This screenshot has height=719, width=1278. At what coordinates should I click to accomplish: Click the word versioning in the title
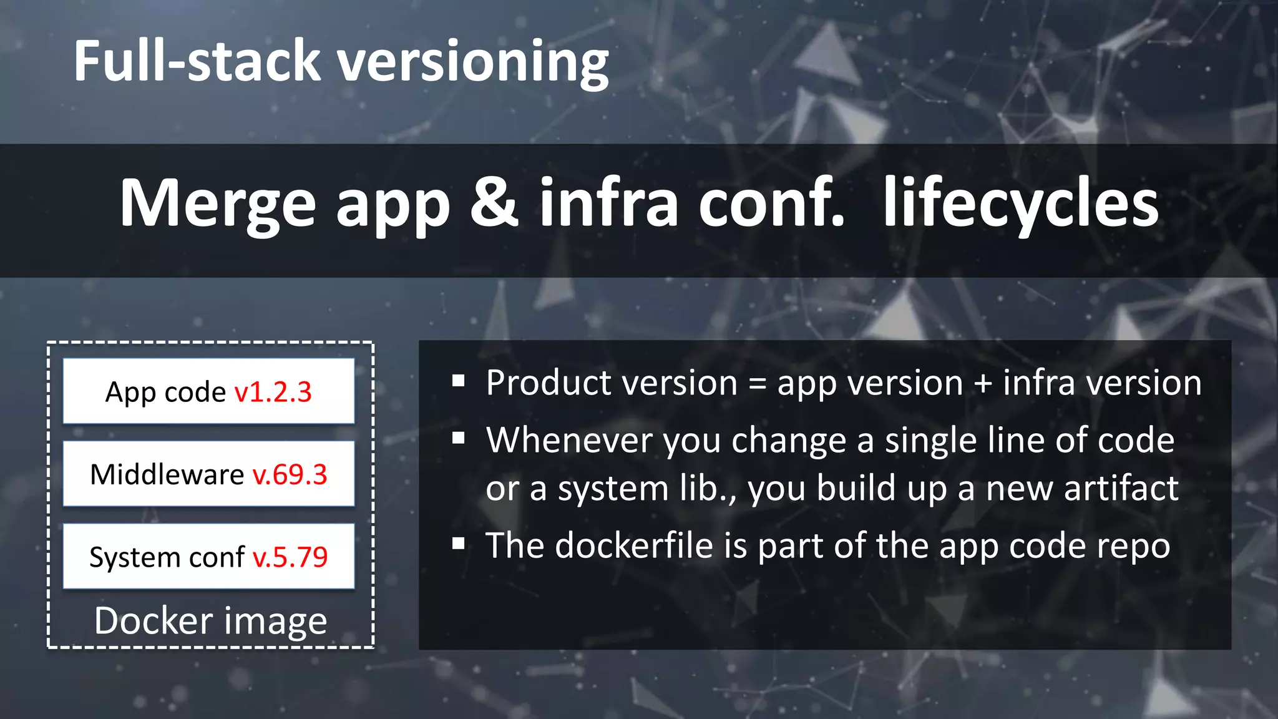point(473,62)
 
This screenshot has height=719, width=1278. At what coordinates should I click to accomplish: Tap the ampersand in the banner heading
point(494,202)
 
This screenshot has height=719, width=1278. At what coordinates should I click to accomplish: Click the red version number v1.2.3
point(273,392)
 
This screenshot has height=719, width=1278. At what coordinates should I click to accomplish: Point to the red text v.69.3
point(290,474)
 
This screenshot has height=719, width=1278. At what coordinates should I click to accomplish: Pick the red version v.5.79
point(290,557)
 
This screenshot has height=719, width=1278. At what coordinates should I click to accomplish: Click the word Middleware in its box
point(167,474)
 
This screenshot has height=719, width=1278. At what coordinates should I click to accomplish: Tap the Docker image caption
point(211,621)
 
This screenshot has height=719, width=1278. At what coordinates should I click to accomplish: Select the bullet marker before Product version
point(459,381)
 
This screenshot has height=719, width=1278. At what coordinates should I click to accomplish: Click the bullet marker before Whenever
point(459,438)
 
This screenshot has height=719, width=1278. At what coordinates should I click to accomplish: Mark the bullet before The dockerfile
point(459,544)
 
